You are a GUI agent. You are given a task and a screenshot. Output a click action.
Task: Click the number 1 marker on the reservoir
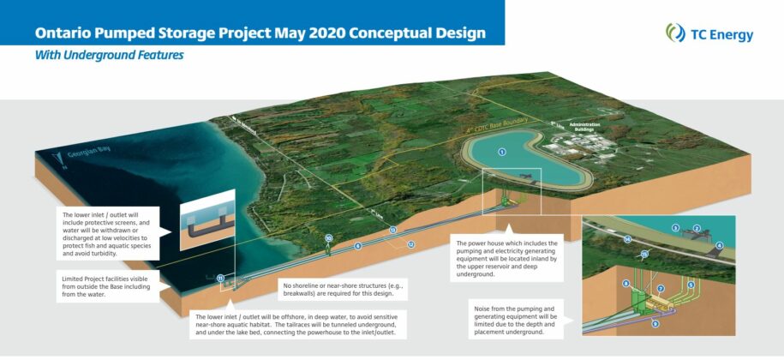[502, 152]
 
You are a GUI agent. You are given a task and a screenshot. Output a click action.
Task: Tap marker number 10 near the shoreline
[327, 238]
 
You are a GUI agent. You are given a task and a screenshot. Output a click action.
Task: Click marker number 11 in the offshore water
[220, 278]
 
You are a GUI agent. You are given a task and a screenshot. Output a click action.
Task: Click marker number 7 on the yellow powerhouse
[661, 289]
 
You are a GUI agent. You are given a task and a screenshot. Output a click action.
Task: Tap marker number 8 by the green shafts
[626, 284]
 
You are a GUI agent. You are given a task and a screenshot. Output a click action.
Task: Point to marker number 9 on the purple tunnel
[655, 323]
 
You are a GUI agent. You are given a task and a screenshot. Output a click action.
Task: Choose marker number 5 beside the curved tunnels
[691, 284]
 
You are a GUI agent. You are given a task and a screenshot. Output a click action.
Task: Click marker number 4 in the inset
[719, 245]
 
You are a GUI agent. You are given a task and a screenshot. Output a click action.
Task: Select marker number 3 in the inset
[675, 228]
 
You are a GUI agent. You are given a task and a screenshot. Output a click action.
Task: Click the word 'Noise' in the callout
[486, 307]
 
